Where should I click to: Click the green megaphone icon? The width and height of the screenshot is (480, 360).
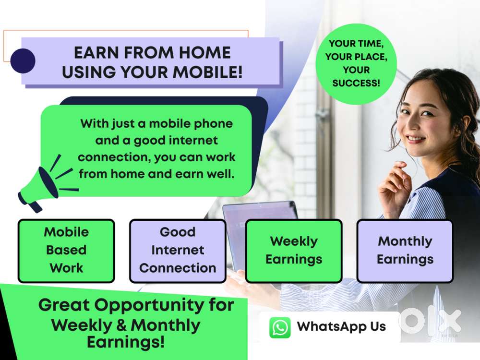pyautogui.click(x=46, y=184)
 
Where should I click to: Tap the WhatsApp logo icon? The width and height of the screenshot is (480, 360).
pyautogui.click(x=280, y=327)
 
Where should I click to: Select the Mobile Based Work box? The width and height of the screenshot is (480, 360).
pyautogui.click(x=66, y=251)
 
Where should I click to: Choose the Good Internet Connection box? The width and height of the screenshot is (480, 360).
pyautogui.click(x=178, y=251)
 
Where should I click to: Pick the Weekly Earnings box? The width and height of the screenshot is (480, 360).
pyautogui.click(x=294, y=251)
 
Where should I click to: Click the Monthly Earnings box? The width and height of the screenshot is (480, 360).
pyautogui.click(x=405, y=251)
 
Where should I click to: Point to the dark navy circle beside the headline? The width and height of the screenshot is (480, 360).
pyautogui.click(x=23, y=60)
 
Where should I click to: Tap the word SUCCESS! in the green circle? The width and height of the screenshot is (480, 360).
pyautogui.click(x=356, y=83)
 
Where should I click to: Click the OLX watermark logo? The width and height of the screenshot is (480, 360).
pyautogui.click(x=430, y=321)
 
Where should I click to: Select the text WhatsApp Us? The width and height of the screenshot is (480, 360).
pyautogui.click(x=341, y=326)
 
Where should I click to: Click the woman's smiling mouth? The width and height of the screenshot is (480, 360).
pyautogui.click(x=415, y=139)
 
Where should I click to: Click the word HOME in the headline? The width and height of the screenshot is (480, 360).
pyautogui.click(x=205, y=53)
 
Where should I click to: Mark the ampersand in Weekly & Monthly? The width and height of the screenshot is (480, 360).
pyautogui.click(x=121, y=325)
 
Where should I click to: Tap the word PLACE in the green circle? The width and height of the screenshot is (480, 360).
pyautogui.click(x=371, y=57)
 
